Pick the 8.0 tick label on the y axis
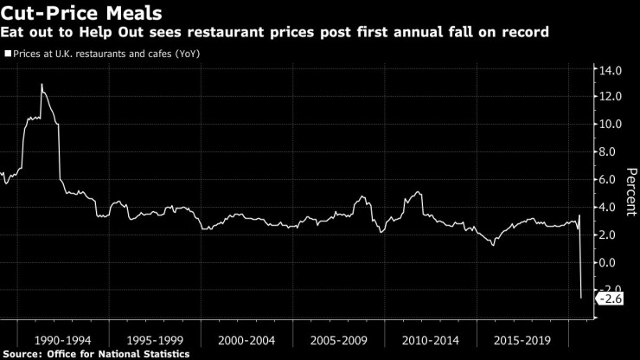pyautogui.click(x=611, y=151)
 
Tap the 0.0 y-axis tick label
pyautogui.click(x=611, y=262)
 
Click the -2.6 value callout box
pyautogui.click(x=610, y=299)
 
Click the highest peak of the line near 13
pyautogui.click(x=42, y=84)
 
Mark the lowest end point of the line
pyautogui.click(x=580, y=299)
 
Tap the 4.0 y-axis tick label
pyautogui.click(x=611, y=207)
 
